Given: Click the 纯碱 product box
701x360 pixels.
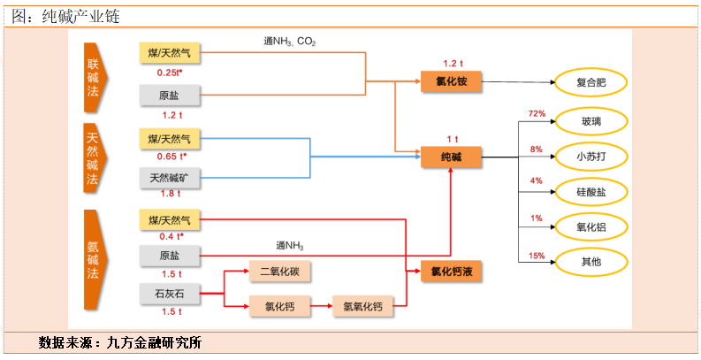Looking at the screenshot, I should (451, 158).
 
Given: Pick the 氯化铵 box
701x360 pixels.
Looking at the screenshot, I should (451, 82).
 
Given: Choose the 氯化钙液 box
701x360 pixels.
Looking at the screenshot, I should (451, 272).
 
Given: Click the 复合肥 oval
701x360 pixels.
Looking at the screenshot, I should (591, 82).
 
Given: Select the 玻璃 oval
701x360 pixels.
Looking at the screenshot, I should (591, 121).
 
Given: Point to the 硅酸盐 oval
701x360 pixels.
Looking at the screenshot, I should (591, 191).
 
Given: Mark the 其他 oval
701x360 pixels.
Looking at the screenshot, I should (591, 262).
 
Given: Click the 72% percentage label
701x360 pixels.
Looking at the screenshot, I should (536, 113).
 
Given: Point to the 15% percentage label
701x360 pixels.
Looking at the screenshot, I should (536, 255).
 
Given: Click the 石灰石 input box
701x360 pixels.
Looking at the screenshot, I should (171, 293).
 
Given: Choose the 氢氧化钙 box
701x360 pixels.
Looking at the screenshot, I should (362, 307).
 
